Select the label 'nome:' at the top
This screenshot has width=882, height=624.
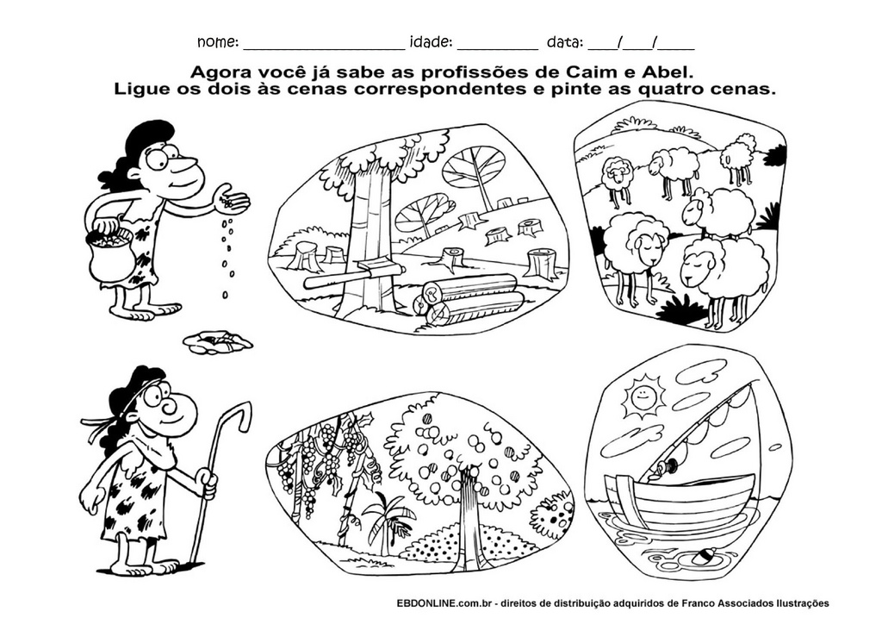tap(218, 42)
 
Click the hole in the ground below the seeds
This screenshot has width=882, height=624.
tap(218, 341)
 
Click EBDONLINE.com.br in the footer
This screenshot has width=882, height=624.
tap(445, 603)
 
